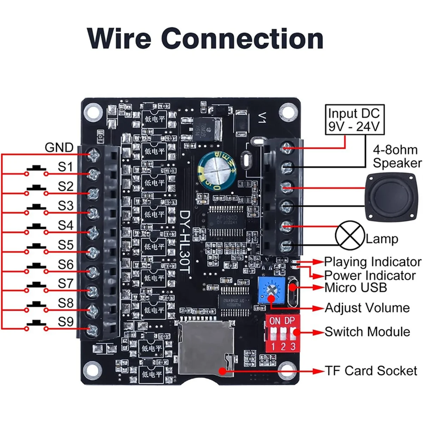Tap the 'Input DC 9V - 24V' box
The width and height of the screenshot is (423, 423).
(354, 120)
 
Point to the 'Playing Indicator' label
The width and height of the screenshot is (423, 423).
(373, 262)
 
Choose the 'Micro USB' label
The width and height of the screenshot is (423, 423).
(356, 287)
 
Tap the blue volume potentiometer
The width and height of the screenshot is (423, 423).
(271, 290)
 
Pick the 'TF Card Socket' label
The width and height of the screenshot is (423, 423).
(371, 371)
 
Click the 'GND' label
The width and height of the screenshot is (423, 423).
(59, 148)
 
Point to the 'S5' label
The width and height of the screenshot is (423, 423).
(66, 245)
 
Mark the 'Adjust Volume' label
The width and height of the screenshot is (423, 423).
(367, 308)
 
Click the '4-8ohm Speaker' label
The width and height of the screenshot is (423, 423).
(397, 157)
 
